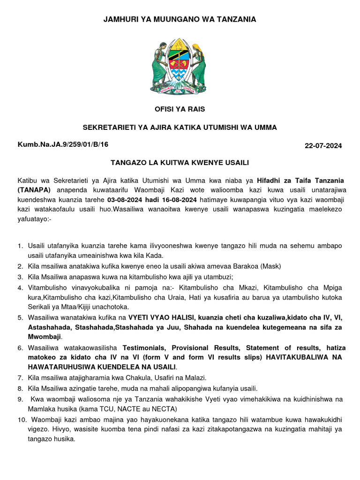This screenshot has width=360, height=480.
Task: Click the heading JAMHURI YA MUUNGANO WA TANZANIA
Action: coord(180,19)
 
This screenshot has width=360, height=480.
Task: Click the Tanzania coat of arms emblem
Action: coord(179,65)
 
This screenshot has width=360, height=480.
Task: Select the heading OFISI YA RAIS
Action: coord(180,109)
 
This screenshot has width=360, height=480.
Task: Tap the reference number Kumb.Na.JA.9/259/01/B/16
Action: coord(63,144)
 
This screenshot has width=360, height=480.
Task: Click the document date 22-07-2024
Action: coord(323,146)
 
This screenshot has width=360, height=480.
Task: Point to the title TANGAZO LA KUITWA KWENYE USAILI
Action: coord(180,163)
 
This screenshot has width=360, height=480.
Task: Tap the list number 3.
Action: coord(20,277)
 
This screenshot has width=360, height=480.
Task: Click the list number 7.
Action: coord(20,377)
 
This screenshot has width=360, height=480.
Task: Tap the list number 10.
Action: coord(22,420)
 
